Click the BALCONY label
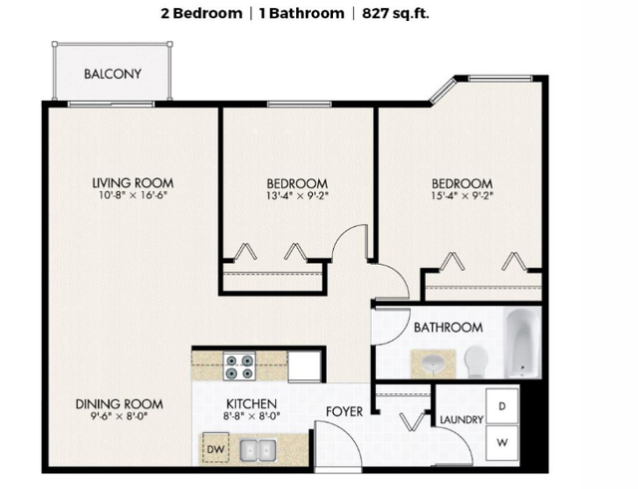point(113,74)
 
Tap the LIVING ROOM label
point(133,183)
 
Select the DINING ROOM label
point(120,404)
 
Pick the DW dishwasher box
point(214,448)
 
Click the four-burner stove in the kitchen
point(238,367)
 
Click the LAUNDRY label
point(462,420)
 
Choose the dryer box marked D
point(502,405)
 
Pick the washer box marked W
point(502,439)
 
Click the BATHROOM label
point(448,327)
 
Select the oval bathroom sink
point(433,362)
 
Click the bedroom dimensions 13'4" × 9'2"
point(297,197)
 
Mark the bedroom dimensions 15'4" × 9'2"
point(462,197)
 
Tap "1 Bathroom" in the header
point(296,13)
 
